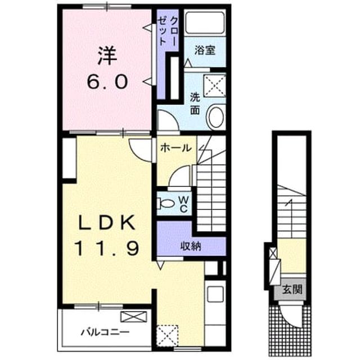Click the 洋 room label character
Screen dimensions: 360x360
107,56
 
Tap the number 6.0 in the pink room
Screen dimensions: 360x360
107,82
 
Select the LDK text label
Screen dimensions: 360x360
107,223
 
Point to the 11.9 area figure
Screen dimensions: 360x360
107,249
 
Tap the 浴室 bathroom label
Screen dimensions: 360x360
205,51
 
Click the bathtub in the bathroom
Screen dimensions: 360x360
205,22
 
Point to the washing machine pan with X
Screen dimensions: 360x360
214,85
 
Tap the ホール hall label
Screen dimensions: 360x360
176,147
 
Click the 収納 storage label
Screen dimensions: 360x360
191,246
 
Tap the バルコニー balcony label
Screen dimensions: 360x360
105,332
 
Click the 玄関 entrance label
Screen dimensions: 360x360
292,290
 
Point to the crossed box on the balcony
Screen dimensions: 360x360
134,317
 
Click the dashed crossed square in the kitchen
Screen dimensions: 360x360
168,336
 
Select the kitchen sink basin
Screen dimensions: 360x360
215,294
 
